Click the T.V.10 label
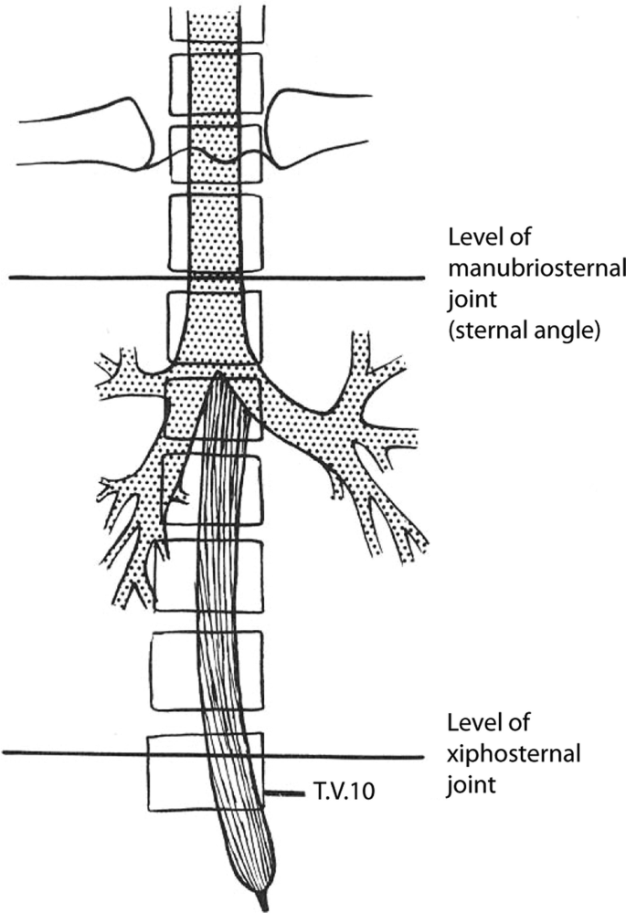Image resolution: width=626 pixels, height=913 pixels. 345,794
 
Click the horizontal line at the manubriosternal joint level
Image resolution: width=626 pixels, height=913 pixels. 91,278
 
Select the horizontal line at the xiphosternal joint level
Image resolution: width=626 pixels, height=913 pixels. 73,754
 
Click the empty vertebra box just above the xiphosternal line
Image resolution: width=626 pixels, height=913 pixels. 174,670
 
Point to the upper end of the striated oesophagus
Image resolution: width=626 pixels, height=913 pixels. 219,378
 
